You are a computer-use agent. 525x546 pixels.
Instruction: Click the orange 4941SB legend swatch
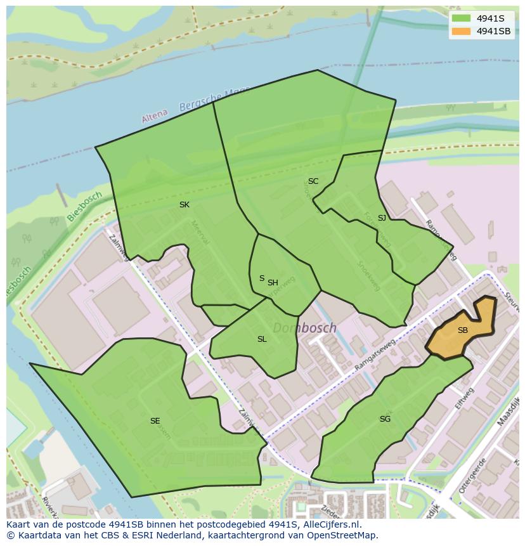coord(462,31)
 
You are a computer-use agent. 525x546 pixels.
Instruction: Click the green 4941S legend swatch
coord(462,18)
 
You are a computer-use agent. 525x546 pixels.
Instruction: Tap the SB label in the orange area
coord(462,330)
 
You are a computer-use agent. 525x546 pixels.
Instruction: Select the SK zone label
coord(185,205)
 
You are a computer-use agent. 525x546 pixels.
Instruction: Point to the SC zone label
coord(313,181)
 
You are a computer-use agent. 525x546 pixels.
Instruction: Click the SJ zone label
coord(382,218)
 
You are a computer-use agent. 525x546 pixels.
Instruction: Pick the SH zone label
coord(273,283)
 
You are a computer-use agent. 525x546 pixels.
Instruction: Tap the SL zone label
coord(262,339)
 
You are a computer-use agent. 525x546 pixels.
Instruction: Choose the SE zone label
coord(155,421)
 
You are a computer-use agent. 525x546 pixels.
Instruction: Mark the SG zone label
coord(385,419)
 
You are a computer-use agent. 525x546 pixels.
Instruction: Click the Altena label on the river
coord(155,115)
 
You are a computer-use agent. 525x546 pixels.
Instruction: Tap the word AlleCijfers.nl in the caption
coord(329,524)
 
